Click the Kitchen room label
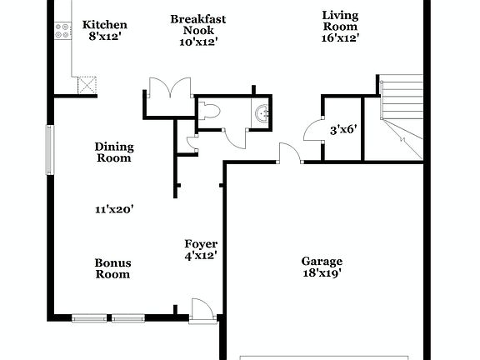click(105, 24)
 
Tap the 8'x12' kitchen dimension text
click(105, 37)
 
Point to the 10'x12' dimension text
click(198, 42)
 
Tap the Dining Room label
click(114, 152)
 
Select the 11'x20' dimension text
click(114, 210)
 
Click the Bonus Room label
click(112, 268)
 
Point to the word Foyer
click(201, 243)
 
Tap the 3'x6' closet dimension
click(342, 129)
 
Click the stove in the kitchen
click(62, 32)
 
